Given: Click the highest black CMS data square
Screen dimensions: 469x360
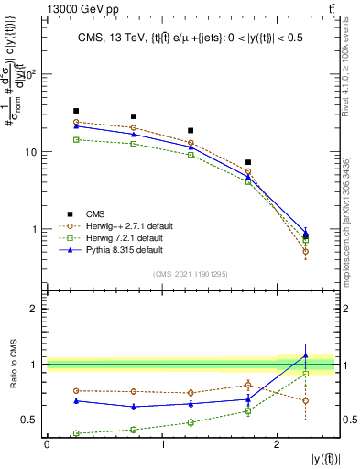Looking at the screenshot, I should click(76, 111).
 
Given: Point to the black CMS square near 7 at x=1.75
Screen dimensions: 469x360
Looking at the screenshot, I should click(248, 162).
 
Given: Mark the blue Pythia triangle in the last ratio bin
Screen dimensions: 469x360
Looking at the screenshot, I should click(306, 355).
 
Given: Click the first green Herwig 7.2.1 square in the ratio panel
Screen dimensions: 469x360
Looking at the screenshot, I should click(76, 433).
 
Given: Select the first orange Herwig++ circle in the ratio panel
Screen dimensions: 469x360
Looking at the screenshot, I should click(76, 390).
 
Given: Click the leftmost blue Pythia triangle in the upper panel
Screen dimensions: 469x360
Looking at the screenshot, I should click(76, 126).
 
